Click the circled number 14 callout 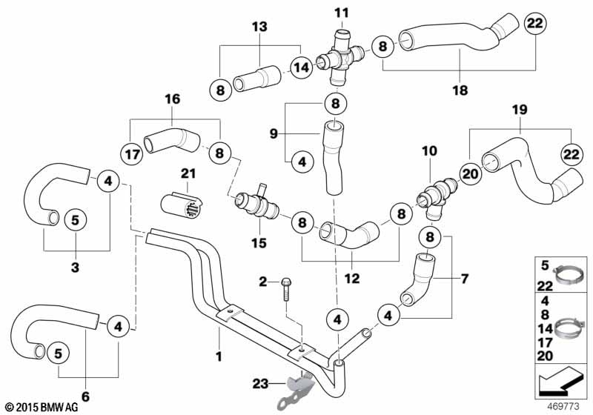point(302,67)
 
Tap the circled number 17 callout point(132,154)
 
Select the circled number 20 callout point(471,174)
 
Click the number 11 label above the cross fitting point(342,13)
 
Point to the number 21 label point(188,173)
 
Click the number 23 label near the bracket point(260,384)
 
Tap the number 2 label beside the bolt point(263,282)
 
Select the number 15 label point(259,243)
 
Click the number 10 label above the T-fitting point(430,150)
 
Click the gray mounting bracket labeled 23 point(297,392)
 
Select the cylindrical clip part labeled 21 point(182,206)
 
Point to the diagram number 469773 point(563,407)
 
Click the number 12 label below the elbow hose point(351,279)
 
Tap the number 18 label point(460,90)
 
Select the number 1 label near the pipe point(219,356)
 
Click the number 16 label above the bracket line point(173,99)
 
